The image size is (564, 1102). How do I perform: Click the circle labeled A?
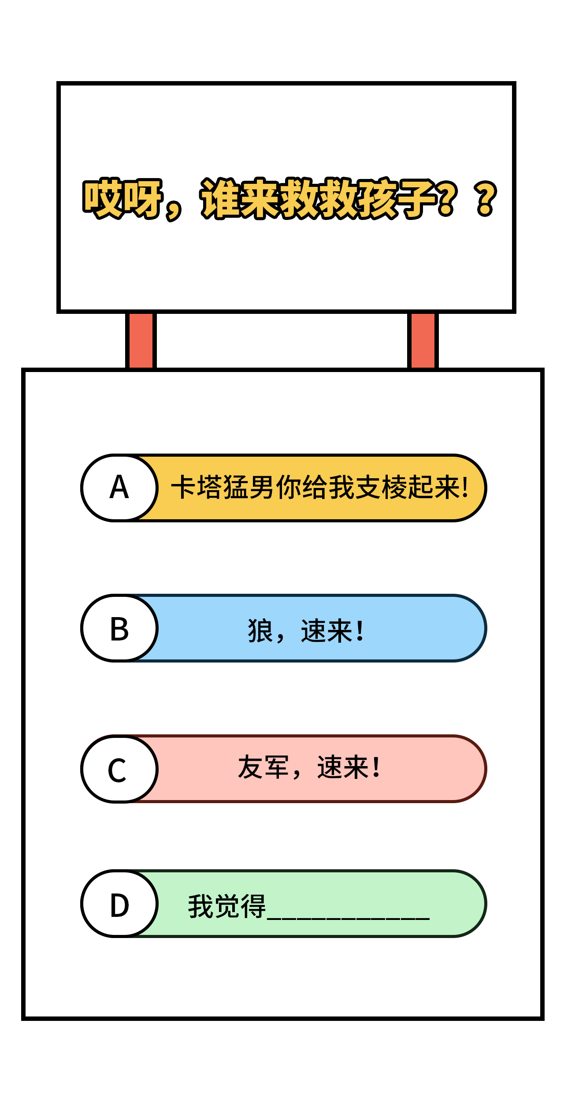(119, 488)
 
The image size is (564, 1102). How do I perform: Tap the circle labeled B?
(119, 628)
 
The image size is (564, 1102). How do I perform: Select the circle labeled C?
(119, 769)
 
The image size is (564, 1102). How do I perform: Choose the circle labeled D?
(119, 904)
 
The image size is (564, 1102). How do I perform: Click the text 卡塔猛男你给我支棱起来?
(320, 488)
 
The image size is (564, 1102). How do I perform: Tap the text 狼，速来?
(306, 631)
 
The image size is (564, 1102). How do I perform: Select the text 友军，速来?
(309, 767)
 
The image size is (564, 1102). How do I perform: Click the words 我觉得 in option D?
(227, 906)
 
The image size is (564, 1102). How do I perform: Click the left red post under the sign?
(141, 340)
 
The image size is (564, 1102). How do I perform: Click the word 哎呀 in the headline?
(122, 198)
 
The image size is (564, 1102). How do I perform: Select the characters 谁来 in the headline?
(240, 198)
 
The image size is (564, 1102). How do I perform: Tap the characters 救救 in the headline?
(319, 198)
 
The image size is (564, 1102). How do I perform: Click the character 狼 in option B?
(260, 631)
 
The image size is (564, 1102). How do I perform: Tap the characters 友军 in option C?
(263, 767)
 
